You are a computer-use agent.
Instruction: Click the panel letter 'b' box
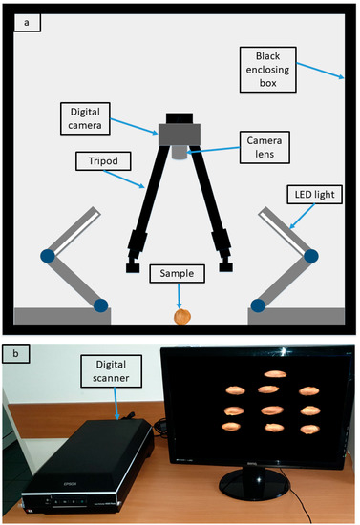(20, 356)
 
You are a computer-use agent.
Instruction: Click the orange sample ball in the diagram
(180, 315)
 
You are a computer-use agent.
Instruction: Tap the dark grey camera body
(180, 133)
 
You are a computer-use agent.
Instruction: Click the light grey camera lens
(180, 151)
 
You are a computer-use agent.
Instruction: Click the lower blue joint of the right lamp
(256, 305)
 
